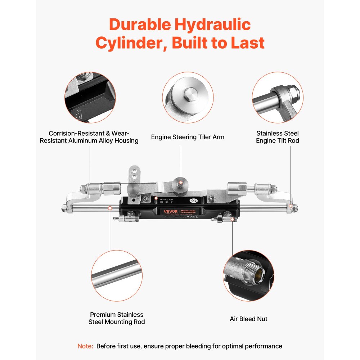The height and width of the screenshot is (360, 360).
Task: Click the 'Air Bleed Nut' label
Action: coord(248,319)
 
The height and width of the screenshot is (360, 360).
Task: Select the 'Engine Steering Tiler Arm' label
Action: coord(188,137)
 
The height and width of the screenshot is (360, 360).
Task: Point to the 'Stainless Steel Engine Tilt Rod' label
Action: coord(277,137)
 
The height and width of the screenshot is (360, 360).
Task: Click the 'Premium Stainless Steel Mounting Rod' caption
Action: coord(117,318)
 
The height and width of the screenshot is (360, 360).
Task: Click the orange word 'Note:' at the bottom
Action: coord(85,346)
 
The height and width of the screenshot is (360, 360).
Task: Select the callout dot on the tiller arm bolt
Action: coord(181,183)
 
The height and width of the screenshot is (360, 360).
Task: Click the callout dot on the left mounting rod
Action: coord(110,207)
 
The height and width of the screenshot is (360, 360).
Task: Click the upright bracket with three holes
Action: coord(134,176)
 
